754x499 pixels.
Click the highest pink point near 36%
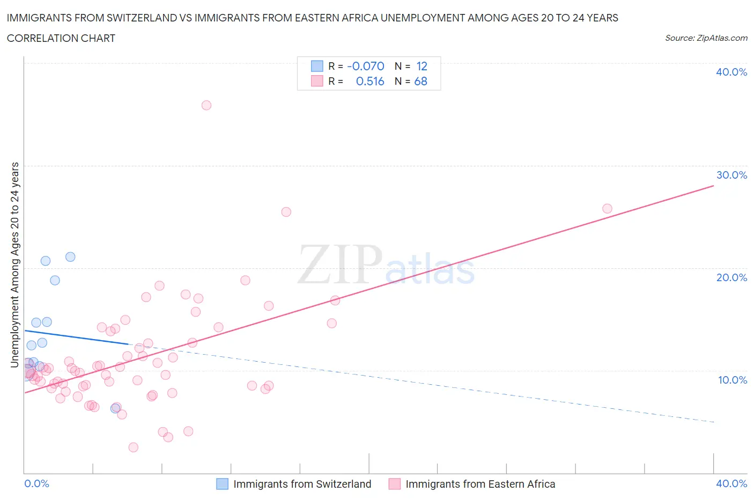pyautogui.click(x=206, y=105)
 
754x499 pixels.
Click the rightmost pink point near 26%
pyautogui.click(x=607, y=209)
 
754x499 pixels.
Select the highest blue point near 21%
pyautogui.click(x=70, y=256)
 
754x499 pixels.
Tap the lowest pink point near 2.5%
pyautogui.click(x=134, y=447)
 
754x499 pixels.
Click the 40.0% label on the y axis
pyautogui.click(x=731, y=72)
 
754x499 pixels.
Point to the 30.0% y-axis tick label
pyautogui.click(x=731, y=175)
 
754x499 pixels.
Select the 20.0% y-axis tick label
pyautogui.click(x=731, y=277)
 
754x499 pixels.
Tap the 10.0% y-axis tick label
pyautogui.click(x=731, y=380)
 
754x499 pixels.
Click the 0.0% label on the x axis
pyautogui.click(x=36, y=483)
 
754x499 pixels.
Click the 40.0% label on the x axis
pyautogui.click(x=731, y=483)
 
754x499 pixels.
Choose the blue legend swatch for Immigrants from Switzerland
pyautogui.click(x=222, y=484)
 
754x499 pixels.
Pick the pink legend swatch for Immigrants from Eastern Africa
pyautogui.click(x=395, y=484)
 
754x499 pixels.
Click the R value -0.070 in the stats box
pyautogui.click(x=366, y=66)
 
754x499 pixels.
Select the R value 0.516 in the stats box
pyautogui.click(x=370, y=81)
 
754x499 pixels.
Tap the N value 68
pyautogui.click(x=421, y=81)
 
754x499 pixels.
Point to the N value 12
pyautogui.click(x=422, y=66)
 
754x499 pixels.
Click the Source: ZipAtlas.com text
pyautogui.click(x=706, y=38)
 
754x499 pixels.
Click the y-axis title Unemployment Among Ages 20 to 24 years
pyautogui.click(x=15, y=265)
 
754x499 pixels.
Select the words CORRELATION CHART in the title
pyautogui.click(x=61, y=38)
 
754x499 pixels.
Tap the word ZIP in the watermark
pyautogui.click(x=340, y=265)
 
